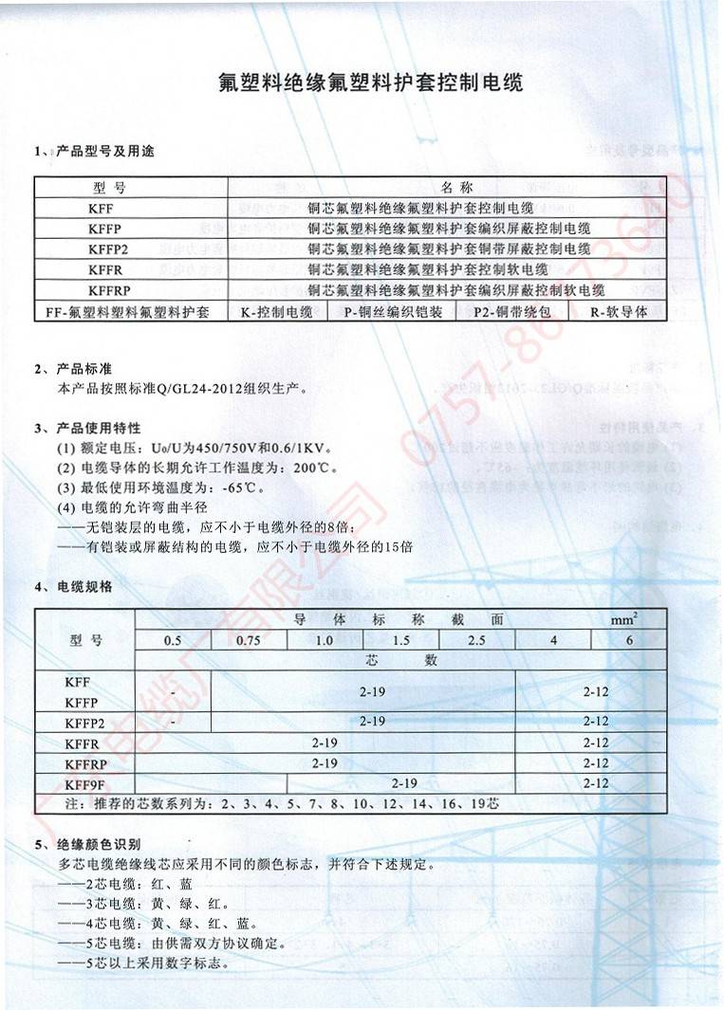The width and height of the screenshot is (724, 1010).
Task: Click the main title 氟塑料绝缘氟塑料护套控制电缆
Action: click(x=370, y=83)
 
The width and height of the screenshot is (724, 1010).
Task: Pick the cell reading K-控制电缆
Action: click(x=279, y=311)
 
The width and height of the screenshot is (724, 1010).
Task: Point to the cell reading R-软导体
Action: click(x=618, y=311)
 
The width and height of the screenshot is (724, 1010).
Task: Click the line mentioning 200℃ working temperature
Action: click(x=196, y=468)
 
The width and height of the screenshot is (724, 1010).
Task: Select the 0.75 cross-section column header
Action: click(x=248, y=640)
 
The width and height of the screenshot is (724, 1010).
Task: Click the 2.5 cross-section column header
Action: click(x=476, y=640)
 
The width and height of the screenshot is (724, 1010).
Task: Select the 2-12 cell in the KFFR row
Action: click(x=596, y=744)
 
